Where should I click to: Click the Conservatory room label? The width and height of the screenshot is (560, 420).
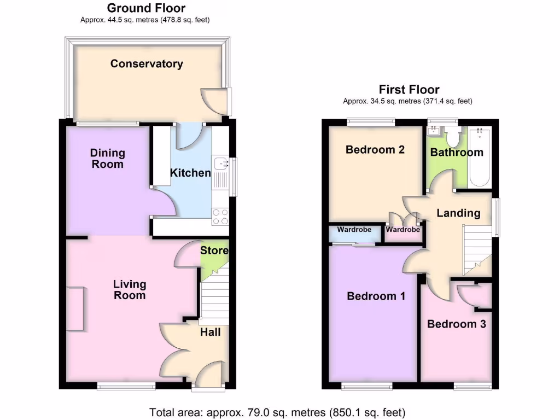click(x=147, y=64)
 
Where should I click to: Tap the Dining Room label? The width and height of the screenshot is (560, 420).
click(x=107, y=159)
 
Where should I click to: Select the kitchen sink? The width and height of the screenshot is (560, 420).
click(x=221, y=164)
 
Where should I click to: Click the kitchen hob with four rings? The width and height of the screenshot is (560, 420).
click(x=220, y=217)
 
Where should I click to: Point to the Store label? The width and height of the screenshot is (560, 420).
click(x=214, y=251)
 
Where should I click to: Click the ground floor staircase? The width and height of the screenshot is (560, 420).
click(x=213, y=298)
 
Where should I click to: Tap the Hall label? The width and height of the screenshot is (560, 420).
click(x=210, y=332)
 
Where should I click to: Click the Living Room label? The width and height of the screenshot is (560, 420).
click(x=130, y=290)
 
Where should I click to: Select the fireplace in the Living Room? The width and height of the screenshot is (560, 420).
click(x=75, y=309)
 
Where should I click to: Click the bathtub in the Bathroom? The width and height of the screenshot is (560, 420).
click(x=480, y=156)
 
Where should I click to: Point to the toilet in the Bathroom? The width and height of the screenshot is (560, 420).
click(x=452, y=135)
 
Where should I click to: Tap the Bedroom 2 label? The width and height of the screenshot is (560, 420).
click(x=375, y=150)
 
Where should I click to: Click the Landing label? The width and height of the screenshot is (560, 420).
click(x=458, y=213)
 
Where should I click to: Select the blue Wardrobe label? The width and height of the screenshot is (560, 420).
click(x=354, y=230)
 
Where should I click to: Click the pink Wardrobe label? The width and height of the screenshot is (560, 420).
click(x=403, y=230)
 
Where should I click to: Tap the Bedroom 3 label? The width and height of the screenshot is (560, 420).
click(x=456, y=324)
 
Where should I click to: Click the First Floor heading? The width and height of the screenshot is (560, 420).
click(x=409, y=90)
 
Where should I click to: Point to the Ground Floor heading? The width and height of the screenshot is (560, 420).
click(x=146, y=8)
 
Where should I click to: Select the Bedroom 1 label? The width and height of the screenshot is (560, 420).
click(x=376, y=296)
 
